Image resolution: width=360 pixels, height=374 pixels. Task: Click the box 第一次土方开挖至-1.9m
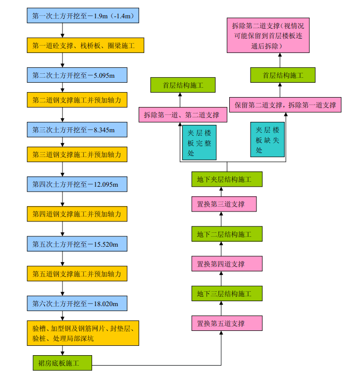click(x=83, y=16)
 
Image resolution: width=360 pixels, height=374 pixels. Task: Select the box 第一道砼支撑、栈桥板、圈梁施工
click(x=85, y=46)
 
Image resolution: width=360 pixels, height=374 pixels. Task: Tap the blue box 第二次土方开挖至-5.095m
click(x=77, y=75)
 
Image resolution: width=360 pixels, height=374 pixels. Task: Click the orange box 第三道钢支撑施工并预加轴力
click(x=77, y=155)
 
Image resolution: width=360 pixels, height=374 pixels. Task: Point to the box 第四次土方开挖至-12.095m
click(x=77, y=184)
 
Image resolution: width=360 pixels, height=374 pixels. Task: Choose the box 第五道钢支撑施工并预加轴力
click(x=77, y=273)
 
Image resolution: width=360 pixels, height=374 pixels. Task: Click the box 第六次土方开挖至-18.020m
click(x=77, y=303)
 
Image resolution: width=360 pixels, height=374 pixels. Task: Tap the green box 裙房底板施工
click(x=62, y=362)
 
